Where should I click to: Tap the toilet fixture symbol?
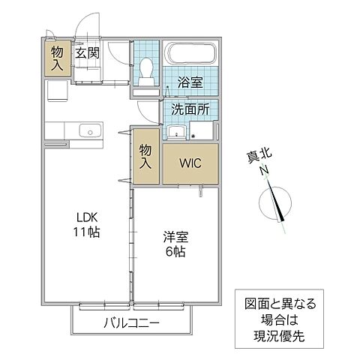(x=147, y=71)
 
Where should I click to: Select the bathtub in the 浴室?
(x=191, y=55)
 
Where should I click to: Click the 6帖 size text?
(x=177, y=251)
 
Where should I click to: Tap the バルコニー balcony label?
(x=132, y=323)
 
